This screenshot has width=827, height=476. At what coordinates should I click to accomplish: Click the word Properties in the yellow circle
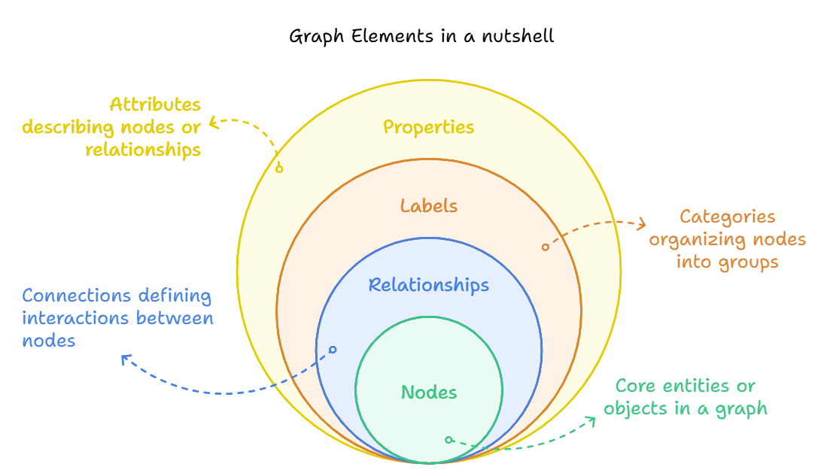coord(429,127)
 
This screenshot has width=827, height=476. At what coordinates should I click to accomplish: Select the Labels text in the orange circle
coord(429,206)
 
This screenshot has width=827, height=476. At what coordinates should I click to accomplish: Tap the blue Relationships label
coord(429,286)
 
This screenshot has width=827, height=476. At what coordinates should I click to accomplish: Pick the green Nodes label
coord(429,393)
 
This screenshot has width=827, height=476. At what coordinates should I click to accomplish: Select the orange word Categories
coord(727,217)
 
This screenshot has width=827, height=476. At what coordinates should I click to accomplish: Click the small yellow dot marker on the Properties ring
coord(279,168)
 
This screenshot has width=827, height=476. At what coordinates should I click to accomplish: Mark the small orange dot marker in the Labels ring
coord(546,247)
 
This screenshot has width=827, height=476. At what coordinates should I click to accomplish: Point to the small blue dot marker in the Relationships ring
coord(333,350)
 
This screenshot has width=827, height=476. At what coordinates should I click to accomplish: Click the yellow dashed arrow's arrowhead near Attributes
coord(213,122)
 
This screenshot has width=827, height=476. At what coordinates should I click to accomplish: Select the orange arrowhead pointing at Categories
coord(642,223)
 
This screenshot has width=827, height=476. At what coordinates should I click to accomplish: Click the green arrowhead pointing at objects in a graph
coord(591,420)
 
